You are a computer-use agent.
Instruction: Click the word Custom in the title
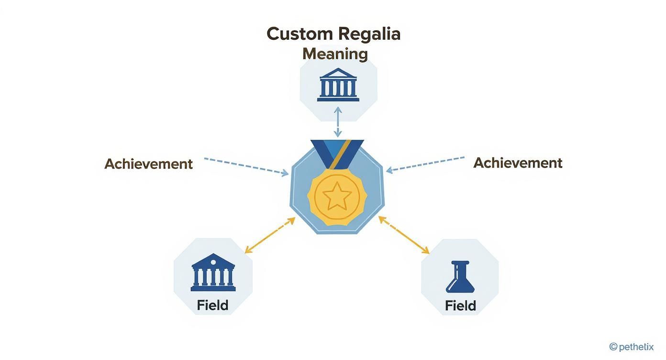(x=300, y=34)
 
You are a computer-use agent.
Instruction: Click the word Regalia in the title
(x=369, y=34)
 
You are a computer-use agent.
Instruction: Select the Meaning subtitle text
(x=335, y=54)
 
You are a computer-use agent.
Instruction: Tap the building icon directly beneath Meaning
(x=338, y=85)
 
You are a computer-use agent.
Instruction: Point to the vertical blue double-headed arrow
(x=338, y=122)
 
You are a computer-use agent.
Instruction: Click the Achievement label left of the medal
(x=148, y=164)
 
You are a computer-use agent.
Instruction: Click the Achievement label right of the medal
(x=518, y=163)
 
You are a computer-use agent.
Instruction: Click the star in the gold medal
(x=337, y=196)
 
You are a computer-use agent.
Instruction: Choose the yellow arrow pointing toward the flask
(x=404, y=235)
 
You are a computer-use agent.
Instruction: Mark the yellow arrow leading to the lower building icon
(x=270, y=235)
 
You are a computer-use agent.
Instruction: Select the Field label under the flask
(x=460, y=305)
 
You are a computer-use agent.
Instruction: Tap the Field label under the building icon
(x=212, y=305)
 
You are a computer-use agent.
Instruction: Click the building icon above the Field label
(x=213, y=272)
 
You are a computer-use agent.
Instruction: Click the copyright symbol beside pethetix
(x=613, y=347)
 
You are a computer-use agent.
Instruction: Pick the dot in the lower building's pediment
(x=213, y=261)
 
